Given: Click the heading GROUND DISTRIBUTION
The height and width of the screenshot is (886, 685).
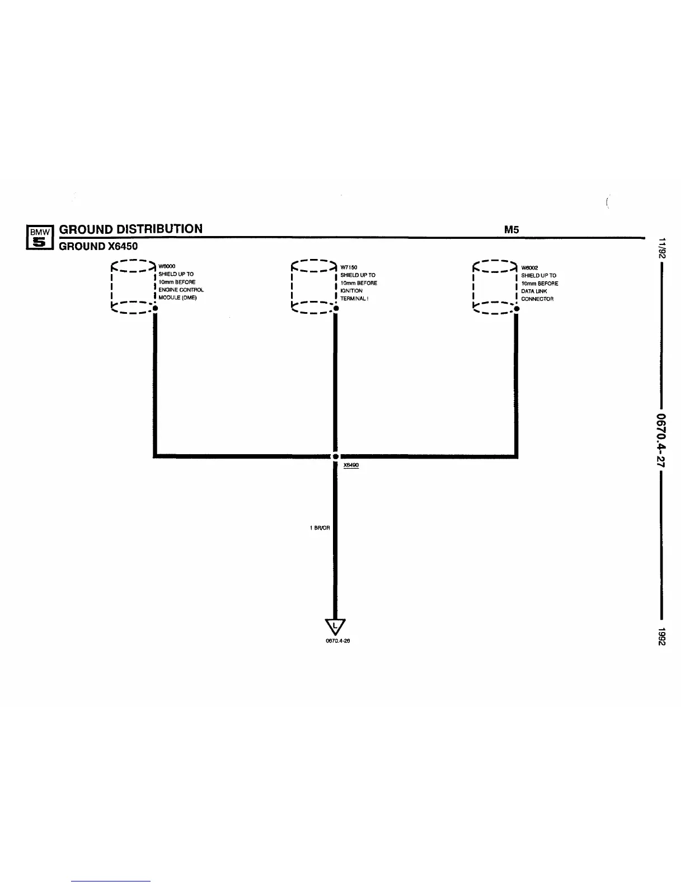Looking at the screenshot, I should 131,229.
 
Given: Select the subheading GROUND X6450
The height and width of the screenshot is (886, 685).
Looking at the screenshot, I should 98,246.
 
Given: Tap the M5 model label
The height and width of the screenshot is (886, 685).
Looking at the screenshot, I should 512,230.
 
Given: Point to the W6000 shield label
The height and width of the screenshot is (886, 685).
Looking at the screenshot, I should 167,266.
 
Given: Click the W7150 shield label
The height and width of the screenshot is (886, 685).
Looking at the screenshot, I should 349,267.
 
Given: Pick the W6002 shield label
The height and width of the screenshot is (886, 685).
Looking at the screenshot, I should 529,267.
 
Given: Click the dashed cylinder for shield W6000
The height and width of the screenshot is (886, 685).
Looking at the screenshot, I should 133,285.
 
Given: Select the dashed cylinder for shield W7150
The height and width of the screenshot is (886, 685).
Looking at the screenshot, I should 314,285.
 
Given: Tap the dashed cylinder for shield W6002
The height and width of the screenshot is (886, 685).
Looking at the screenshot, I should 495,285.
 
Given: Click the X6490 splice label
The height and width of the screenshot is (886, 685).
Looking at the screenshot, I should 351,465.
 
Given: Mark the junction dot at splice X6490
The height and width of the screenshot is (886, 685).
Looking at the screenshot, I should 335,456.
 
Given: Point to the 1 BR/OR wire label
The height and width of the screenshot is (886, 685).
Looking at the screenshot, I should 320,528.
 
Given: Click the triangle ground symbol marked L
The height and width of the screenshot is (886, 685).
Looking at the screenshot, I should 335,626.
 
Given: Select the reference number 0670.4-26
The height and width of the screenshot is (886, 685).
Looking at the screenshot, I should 337,641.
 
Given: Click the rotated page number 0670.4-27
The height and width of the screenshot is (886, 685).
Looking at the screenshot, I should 661,440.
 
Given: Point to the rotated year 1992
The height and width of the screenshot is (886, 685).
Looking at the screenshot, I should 661,637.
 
